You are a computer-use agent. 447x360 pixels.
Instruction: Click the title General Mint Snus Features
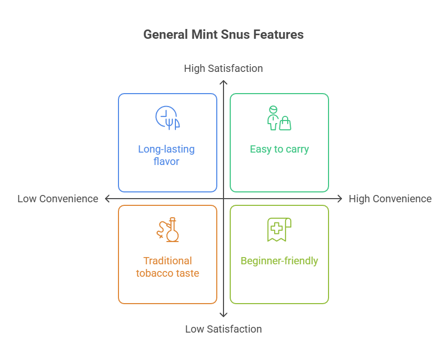pos(223,35)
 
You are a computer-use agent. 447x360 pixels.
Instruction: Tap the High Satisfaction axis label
pos(223,68)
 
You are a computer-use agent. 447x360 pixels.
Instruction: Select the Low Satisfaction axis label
pos(223,329)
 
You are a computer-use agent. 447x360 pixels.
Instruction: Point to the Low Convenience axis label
pos(57,199)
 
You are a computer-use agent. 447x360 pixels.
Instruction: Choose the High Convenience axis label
pos(390,199)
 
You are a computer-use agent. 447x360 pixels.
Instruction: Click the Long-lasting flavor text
pos(167,155)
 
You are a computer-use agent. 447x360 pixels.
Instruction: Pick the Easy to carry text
pos(279,149)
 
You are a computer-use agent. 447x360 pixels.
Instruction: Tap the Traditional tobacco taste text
pos(167,267)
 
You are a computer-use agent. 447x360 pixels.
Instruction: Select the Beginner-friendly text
pos(279,261)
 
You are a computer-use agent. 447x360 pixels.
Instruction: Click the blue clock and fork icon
pos(167,117)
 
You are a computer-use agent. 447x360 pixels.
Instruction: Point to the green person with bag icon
pos(279,118)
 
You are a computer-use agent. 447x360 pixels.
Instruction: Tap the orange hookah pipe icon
pos(168,229)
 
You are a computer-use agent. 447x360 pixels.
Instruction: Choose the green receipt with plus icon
pos(279,229)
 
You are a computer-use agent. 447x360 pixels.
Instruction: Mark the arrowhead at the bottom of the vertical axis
pos(223,316)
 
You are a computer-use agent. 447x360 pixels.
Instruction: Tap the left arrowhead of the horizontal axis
pos(107,199)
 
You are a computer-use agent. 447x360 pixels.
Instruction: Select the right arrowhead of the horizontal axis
pos(340,199)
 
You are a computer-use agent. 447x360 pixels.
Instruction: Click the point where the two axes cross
pos(223,199)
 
